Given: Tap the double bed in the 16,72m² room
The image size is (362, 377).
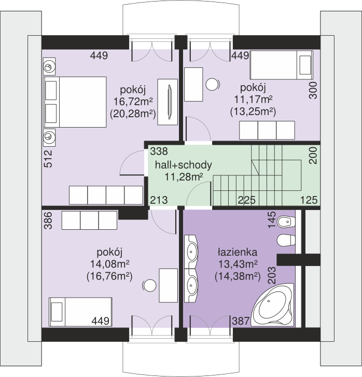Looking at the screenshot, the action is point(75,102).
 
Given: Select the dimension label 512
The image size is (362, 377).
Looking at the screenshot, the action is point(48,159).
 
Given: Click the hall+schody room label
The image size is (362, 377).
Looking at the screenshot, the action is point(183,165).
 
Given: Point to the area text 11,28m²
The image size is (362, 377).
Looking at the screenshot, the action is point(184,177).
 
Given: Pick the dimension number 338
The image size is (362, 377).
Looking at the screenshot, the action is point(159,151).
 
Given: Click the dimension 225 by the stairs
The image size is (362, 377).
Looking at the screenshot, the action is point(247,200).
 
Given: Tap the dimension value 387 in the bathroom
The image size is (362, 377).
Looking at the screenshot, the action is point(241,321).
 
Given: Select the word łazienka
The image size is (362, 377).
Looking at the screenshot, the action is point(238,252).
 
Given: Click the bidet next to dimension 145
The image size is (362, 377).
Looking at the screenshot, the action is point(286,221).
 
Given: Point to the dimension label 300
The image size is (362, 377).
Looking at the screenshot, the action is point(313,90).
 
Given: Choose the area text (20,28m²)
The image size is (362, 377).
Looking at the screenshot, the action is point(133,114).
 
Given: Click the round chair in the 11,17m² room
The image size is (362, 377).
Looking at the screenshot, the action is point(213,85).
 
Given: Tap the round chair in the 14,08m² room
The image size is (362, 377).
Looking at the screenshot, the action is point(149,286).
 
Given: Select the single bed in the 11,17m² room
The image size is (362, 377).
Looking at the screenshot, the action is point(282,65).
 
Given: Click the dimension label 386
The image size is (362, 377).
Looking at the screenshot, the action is point(48,220).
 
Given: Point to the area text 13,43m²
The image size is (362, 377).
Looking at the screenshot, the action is point(238,264).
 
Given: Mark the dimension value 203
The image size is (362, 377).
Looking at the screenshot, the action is point(272,275).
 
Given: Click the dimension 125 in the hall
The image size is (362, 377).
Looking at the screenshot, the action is point(309,200).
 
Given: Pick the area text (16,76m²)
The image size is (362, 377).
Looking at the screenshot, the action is point(109,276).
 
